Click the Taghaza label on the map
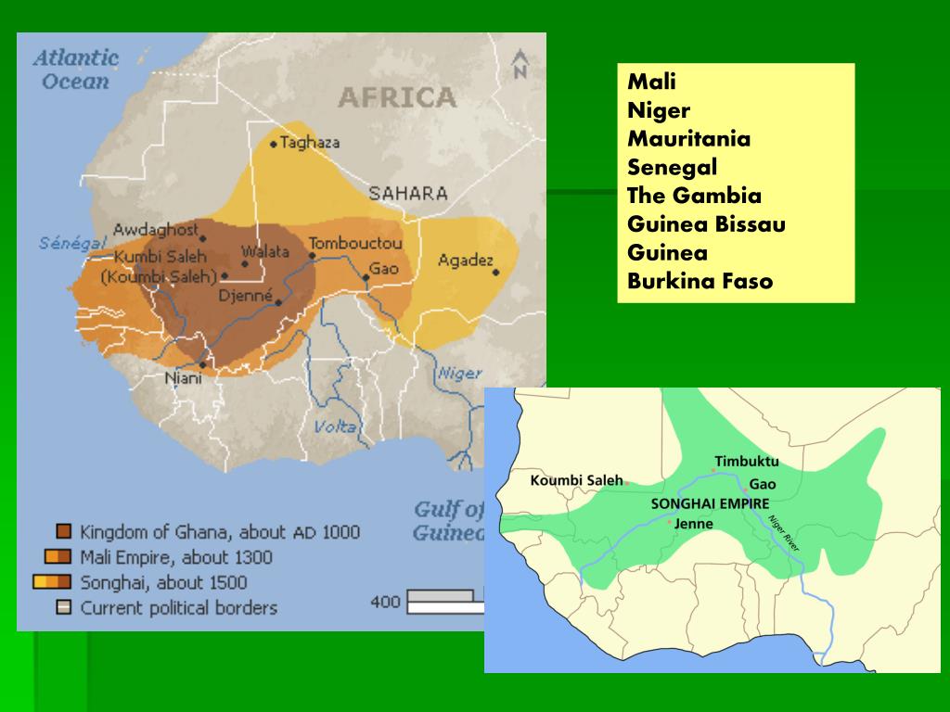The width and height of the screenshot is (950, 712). [x=310, y=143]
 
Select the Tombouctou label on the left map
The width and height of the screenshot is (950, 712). [x=355, y=243]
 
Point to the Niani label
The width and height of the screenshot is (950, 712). [x=182, y=378]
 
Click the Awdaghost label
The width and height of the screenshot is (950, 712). [x=156, y=228]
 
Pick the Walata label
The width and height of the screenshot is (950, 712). [x=259, y=251]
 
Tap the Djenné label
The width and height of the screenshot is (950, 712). [x=245, y=297]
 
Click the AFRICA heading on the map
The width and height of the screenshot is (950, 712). [x=397, y=97]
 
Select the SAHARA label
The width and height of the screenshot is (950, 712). [x=408, y=194]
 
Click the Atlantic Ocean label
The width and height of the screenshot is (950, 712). [x=76, y=69]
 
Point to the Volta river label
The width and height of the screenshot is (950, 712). [x=335, y=426]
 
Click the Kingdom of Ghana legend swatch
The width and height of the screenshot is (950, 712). [x=63, y=532]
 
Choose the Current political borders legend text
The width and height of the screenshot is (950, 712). [x=178, y=608]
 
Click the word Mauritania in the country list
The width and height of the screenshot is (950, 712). [x=688, y=139]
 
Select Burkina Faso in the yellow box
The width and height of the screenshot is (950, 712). [x=700, y=282]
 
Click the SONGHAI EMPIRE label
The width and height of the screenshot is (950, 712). [x=711, y=502]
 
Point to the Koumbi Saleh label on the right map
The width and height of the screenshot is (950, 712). [x=576, y=480]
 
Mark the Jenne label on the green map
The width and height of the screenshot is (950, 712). [x=694, y=524]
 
